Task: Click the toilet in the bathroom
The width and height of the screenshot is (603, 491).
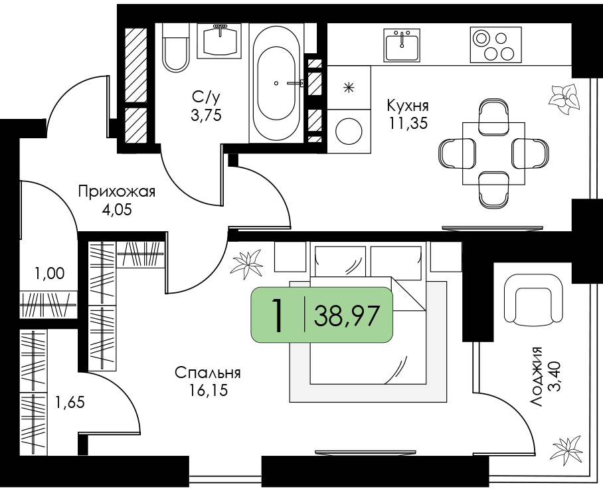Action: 176,47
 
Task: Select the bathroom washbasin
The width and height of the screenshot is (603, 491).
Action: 219,41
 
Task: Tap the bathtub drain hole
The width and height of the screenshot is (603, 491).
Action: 276,83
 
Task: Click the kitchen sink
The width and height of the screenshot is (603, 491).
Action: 402,45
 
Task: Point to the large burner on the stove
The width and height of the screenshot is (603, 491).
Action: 481,38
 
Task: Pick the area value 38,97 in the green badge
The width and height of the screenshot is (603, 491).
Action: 347,316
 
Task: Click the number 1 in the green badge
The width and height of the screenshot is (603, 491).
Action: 277,316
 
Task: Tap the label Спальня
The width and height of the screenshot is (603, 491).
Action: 208,373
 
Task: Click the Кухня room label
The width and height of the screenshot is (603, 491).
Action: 408,106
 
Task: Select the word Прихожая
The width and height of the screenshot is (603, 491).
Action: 116,191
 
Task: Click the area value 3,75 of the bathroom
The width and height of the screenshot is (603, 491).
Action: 206,115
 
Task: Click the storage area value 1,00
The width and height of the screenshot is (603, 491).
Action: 50,274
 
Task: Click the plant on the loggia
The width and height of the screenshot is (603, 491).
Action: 568,450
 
